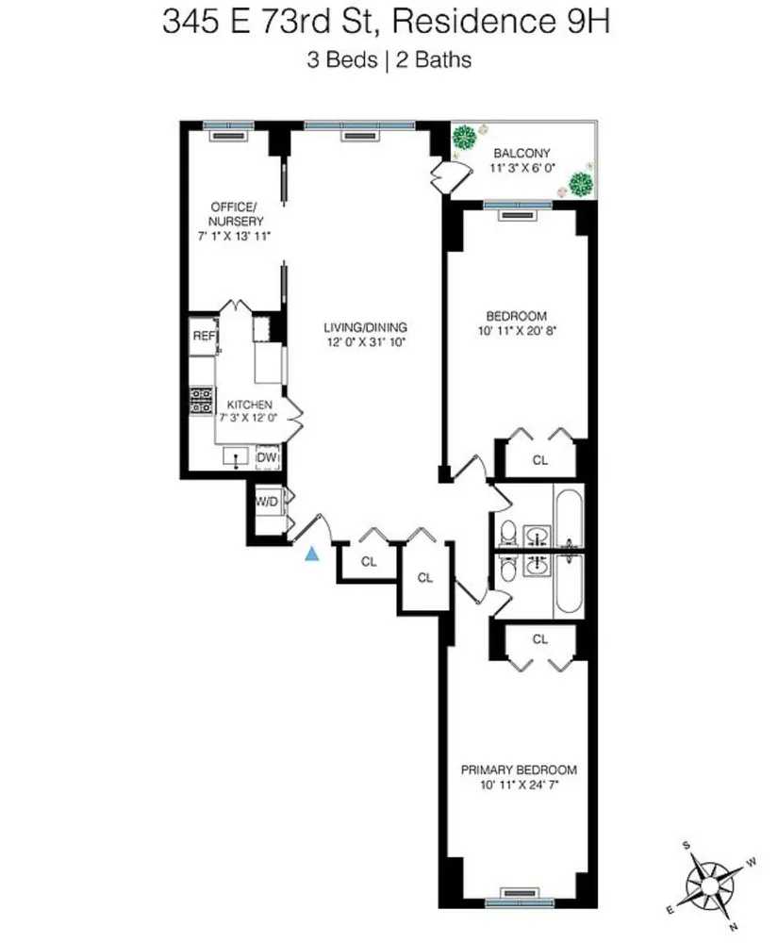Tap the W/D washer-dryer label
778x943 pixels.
267,501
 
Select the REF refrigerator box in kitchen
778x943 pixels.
203,336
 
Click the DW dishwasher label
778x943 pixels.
268,457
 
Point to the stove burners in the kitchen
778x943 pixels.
202,402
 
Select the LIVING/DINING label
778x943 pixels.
363,326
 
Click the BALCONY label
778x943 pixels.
523,154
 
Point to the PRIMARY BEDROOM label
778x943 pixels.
519,769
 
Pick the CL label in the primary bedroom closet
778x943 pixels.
539,639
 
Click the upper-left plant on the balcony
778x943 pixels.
464,139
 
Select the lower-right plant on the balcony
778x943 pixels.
583,183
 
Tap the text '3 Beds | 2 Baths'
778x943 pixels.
388,60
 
